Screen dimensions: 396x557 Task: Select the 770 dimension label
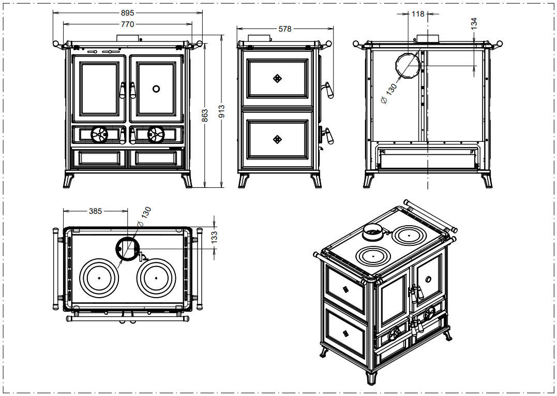[127, 24]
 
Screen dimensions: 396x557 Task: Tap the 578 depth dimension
[285, 29]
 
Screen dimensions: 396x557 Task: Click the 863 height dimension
[205, 114]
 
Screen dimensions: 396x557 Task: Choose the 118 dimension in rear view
[417, 14]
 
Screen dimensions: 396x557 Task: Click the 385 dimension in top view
[96, 211]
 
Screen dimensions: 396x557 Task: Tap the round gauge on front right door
[156, 89]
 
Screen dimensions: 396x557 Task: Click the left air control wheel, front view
[99, 135]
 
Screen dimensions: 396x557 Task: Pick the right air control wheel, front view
[156, 135]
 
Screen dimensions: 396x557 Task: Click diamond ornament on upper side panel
[278, 78]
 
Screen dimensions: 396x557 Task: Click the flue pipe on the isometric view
[373, 232]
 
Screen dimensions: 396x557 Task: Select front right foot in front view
[187, 180]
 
